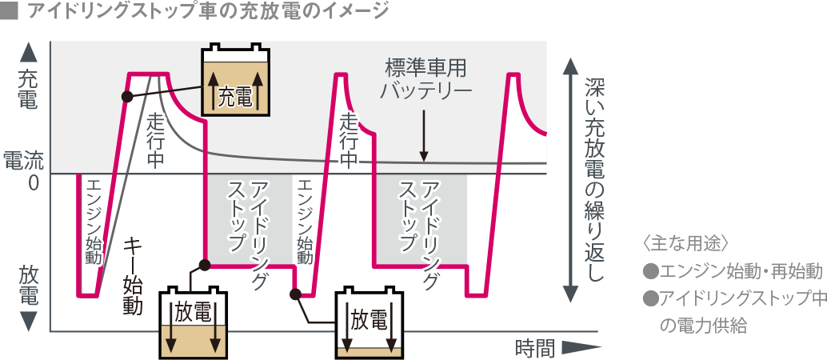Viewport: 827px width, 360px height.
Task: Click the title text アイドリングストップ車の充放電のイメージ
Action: (208, 12)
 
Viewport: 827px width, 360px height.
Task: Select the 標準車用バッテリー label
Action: (425, 77)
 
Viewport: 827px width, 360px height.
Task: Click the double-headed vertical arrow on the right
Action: (569, 180)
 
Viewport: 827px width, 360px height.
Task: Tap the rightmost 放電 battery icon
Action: (369, 324)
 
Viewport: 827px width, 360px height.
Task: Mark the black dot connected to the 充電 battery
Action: (126, 97)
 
